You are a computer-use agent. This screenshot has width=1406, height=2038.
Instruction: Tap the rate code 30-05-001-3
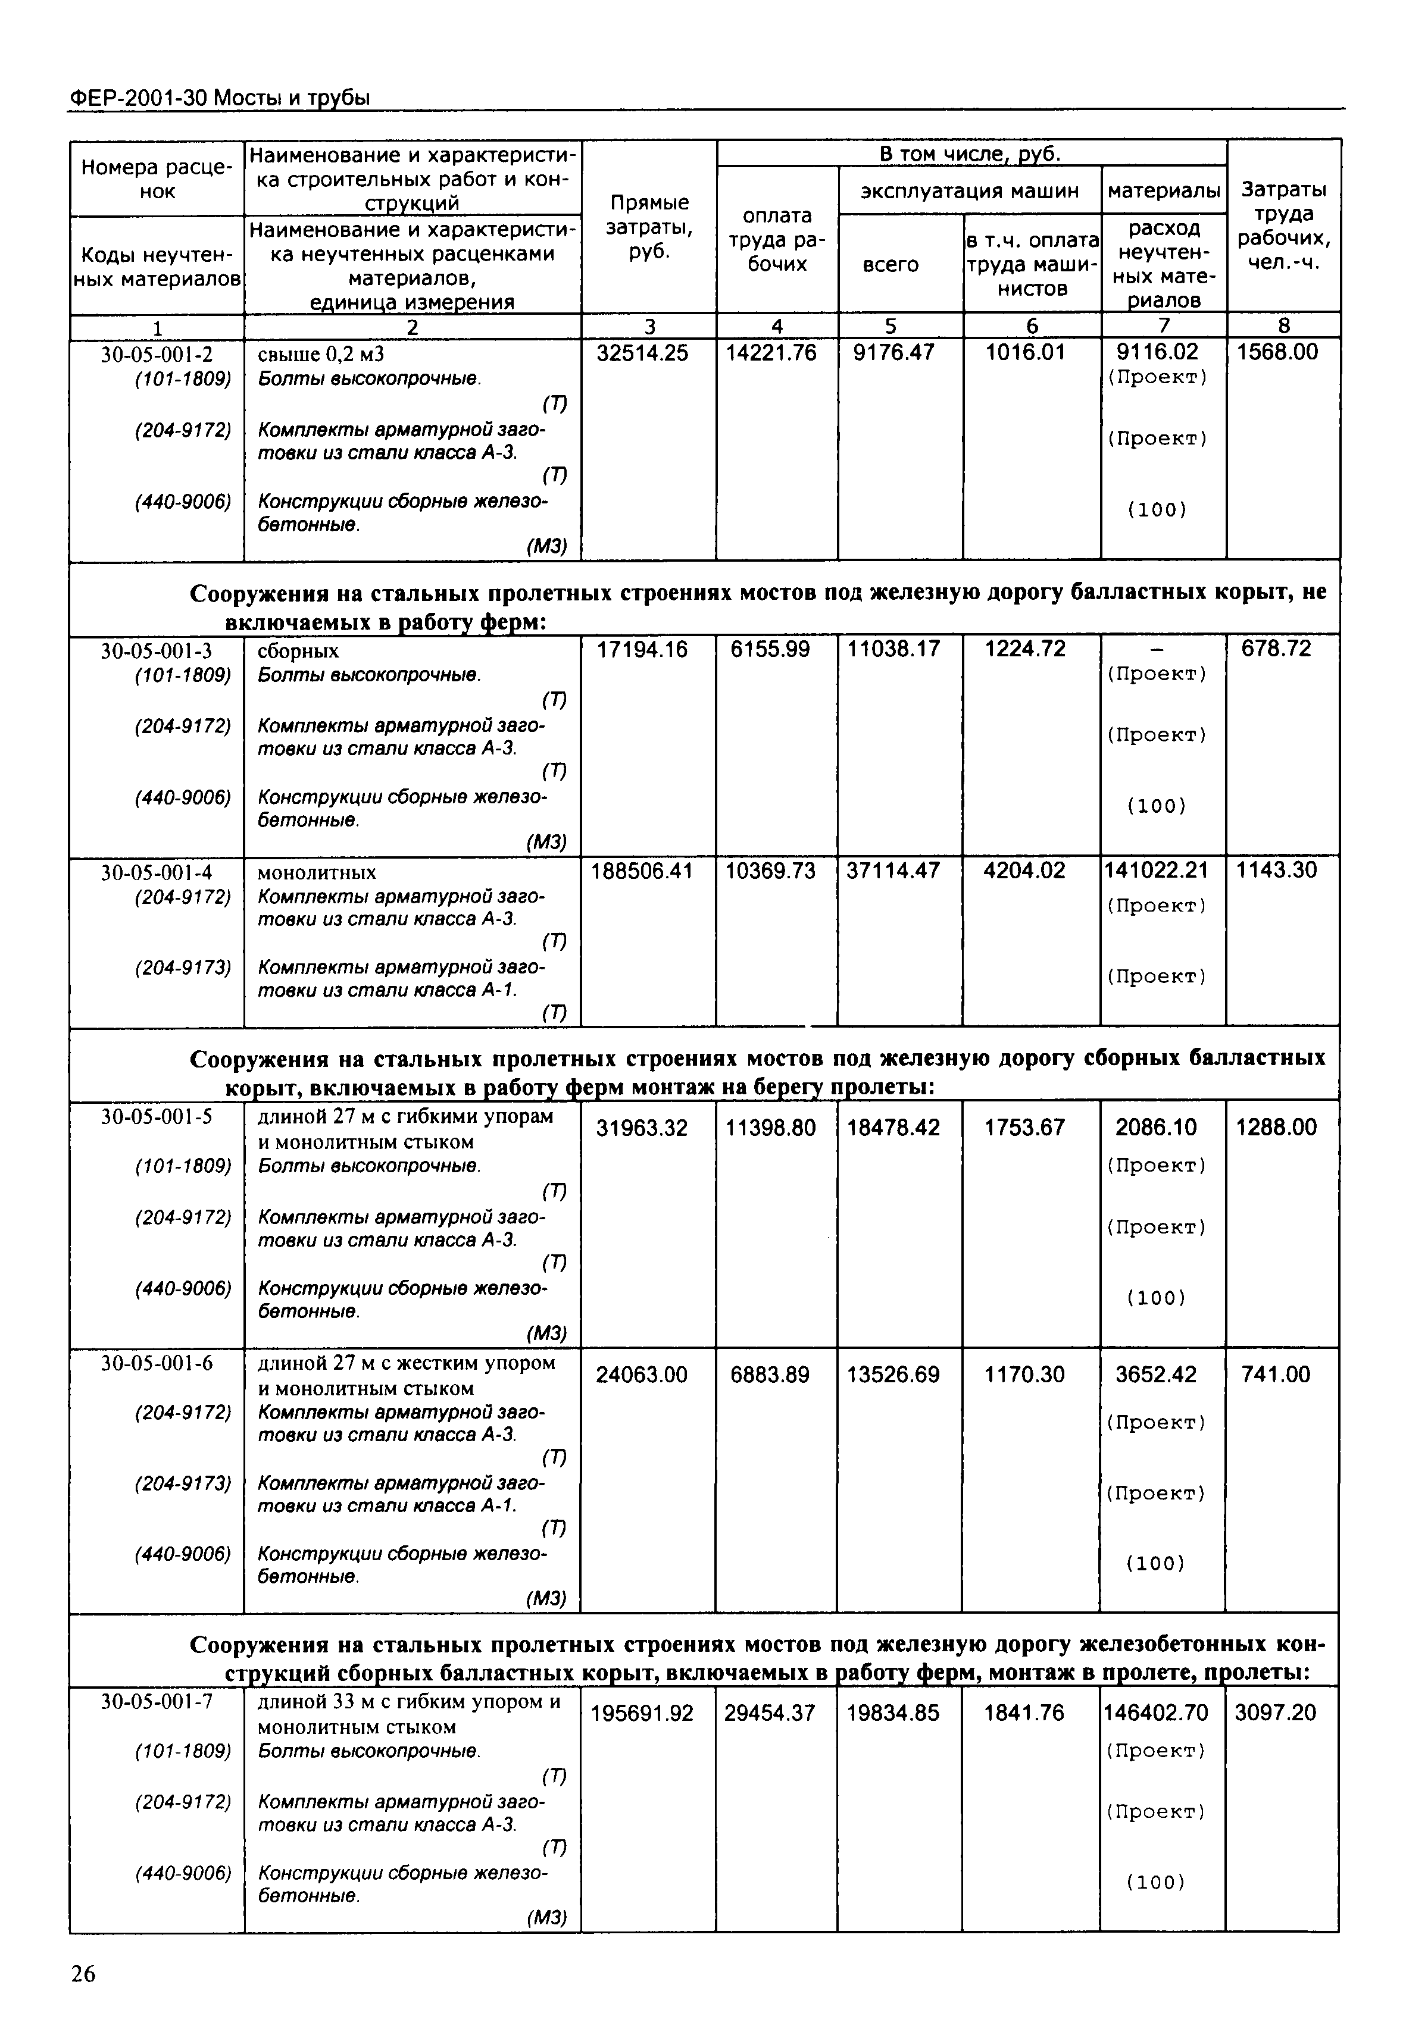156,651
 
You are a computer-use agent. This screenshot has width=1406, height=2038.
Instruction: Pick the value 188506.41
641,871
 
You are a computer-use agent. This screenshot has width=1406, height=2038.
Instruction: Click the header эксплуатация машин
969,191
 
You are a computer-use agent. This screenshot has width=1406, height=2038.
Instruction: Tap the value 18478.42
892,1128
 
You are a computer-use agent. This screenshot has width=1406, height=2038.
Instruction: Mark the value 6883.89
769,1375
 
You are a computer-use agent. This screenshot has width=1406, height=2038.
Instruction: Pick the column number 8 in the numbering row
1283,326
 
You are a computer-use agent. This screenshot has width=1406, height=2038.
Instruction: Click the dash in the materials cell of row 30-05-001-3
1157,650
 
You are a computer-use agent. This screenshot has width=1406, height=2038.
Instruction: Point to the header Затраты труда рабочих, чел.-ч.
1283,226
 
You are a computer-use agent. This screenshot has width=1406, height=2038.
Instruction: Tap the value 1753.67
1024,1128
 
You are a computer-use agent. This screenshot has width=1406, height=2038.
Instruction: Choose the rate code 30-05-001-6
156,1363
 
